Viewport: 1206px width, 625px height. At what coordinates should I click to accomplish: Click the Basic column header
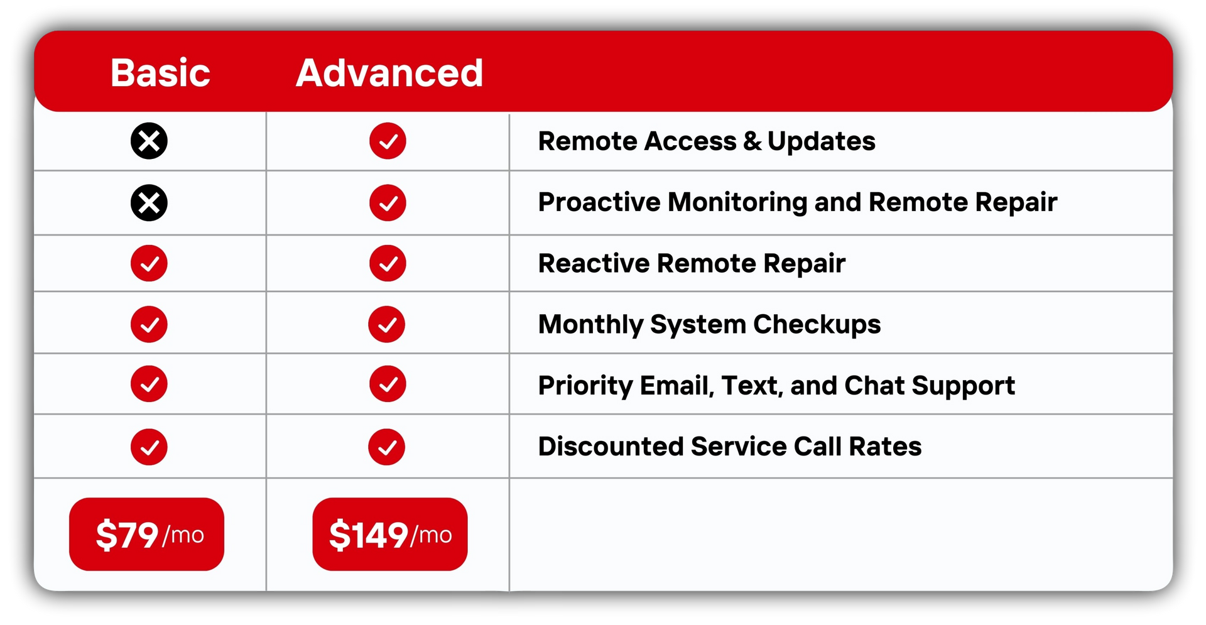(x=160, y=73)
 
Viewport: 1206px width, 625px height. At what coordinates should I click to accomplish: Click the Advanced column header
(x=389, y=73)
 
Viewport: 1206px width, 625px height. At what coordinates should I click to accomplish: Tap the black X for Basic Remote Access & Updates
(x=149, y=141)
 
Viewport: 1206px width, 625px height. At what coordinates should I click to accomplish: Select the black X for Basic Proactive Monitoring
(x=149, y=203)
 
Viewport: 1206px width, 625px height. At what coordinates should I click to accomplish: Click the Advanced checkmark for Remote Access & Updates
(x=388, y=141)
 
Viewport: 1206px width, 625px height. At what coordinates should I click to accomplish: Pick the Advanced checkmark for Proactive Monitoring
(x=388, y=203)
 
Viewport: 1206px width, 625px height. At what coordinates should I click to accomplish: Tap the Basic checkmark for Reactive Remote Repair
(x=149, y=263)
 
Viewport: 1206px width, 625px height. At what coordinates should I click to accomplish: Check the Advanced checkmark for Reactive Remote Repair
(x=388, y=263)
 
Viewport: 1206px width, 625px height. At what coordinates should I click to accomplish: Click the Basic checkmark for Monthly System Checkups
(x=149, y=324)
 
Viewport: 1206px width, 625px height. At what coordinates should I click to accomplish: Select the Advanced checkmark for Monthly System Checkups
(x=387, y=324)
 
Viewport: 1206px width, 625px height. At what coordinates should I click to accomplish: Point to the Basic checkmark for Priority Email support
(x=149, y=384)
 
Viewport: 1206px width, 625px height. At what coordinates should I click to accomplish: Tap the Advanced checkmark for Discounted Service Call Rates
(x=387, y=447)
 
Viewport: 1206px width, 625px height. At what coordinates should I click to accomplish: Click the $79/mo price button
(x=146, y=535)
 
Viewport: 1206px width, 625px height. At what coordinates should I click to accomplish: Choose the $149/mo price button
(x=390, y=535)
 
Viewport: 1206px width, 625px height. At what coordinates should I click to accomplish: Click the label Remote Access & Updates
(x=707, y=141)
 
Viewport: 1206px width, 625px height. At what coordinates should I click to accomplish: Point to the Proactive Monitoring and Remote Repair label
(x=798, y=202)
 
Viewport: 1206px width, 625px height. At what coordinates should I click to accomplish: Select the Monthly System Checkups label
(x=710, y=325)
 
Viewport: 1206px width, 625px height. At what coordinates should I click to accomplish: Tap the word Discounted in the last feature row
(x=611, y=447)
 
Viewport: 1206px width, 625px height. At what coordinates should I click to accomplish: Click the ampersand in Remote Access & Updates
(x=752, y=141)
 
